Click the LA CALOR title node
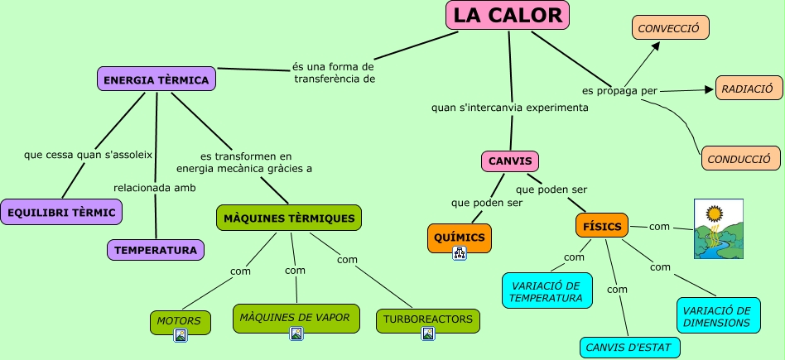point(508,15)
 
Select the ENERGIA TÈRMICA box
point(157,79)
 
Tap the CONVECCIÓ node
point(670,28)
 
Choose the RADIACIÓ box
point(749,88)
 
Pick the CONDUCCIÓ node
point(740,158)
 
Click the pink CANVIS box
point(510,161)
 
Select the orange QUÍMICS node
point(459,238)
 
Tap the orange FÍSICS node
point(602,226)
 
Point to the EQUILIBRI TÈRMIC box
point(62,213)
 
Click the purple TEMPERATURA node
point(156,249)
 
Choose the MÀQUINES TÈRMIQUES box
point(289,218)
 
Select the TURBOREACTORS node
point(428,319)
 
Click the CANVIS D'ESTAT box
point(629,347)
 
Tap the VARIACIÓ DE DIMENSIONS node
point(717,316)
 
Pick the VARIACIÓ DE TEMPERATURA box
point(547,290)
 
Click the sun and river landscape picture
point(718,228)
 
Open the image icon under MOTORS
point(181,334)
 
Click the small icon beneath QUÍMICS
point(460,254)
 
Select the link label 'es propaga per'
point(614,89)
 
